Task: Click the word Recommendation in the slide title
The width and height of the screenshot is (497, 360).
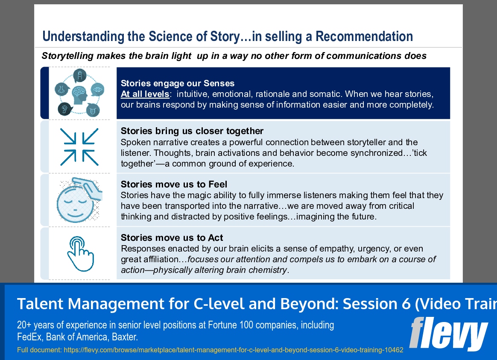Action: [x=364, y=37]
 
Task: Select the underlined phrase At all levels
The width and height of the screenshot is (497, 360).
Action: [x=145, y=94]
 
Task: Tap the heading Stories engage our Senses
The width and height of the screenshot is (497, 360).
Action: [x=178, y=83]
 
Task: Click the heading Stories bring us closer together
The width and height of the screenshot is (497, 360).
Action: [x=192, y=131]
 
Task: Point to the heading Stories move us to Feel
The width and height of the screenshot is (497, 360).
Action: [x=174, y=184]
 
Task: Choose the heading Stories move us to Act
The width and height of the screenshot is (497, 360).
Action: [x=172, y=238]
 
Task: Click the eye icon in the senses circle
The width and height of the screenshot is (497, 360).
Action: [x=97, y=90]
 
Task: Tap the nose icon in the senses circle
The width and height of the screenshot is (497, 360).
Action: [x=62, y=90]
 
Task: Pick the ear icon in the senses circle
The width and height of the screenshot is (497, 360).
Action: [x=65, y=109]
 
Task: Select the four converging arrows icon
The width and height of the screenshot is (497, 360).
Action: [x=79, y=147]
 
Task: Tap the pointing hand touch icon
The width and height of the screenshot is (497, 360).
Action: [x=80, y=254]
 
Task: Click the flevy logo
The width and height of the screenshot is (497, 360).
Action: [x=448, y=334]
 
